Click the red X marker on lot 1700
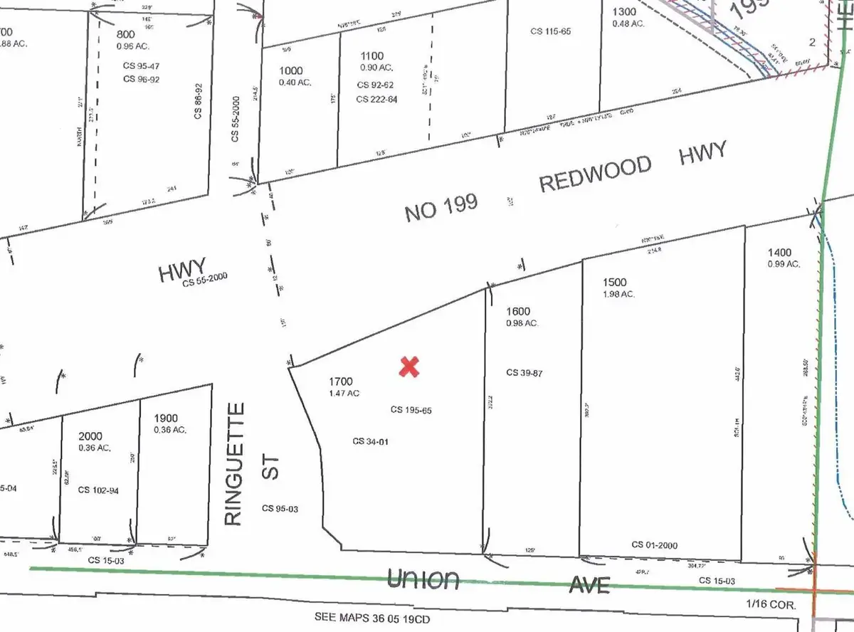point(409,367)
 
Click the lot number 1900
point(165,418)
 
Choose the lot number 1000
point(290,70)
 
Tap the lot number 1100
point(371,56)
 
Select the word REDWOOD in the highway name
point(595,174)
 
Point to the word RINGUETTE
point(235,463)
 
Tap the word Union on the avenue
point(423,579)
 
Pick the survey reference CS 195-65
point(411,410)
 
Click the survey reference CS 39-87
point(526,372)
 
